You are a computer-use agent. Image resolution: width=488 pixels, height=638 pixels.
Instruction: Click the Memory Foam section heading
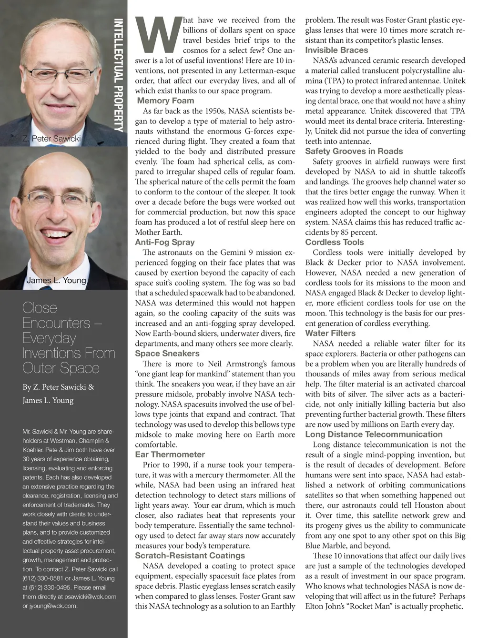coord(165,101)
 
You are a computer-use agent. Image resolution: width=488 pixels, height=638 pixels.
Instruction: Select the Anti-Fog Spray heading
coord(164,242)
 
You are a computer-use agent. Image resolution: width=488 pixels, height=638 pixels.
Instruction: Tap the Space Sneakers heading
coord(167,354)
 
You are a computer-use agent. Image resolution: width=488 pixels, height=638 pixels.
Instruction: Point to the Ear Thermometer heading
coord(170,455)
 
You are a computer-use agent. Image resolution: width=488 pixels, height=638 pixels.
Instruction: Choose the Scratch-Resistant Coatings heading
coord(189,556)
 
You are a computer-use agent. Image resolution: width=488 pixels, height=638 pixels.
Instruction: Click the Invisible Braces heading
coord(336,50)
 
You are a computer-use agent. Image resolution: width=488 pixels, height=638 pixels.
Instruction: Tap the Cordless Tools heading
coord(334,242)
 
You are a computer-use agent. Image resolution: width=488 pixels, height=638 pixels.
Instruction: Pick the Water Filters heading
coord(330,333)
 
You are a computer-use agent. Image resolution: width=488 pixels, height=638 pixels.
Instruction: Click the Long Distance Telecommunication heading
coord(374,434)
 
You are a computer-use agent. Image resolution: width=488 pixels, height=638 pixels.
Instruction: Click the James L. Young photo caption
coord(56,280)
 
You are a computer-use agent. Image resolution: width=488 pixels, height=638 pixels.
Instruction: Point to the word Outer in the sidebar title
coord(39,368)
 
